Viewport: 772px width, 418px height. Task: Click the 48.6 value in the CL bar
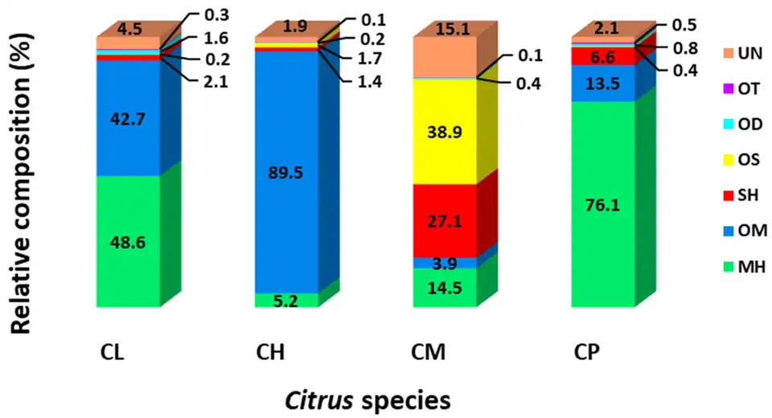click(x=128, y=242)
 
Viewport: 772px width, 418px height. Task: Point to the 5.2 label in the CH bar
click(x=285, y=301)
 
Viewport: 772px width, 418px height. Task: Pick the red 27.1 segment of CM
click(x=445, y=219)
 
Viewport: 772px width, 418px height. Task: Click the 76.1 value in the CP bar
click(x=603, y=204)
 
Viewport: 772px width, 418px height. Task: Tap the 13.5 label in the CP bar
click(x=603, y=83)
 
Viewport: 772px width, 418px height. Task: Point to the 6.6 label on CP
click(x=603, y=56)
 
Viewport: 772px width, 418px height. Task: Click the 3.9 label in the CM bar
click(x=445, y=263)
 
